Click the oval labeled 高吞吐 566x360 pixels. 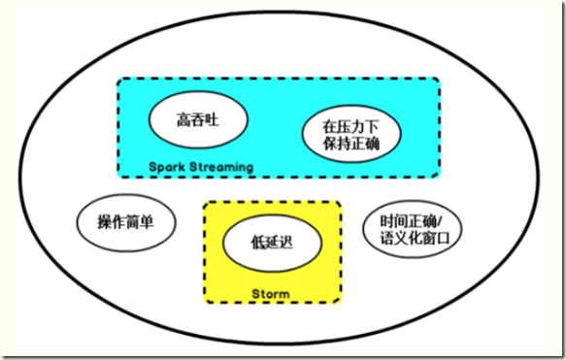click(x=198, y=122)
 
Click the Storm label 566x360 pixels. click(x=272, y=292)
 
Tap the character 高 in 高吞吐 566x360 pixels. click(x=182, y=122)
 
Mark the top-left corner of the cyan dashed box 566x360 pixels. click(x=118, y=80)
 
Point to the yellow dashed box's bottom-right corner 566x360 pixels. click(x=341, y=303)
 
